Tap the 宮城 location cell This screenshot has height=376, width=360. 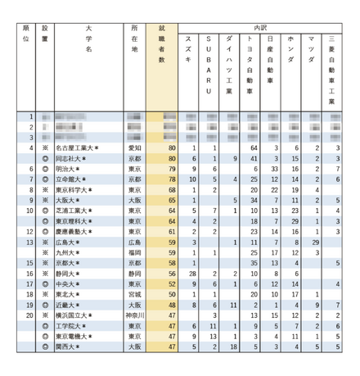pyautogui.click(x=135, y=294)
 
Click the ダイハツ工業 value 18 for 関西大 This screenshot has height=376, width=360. pyautogui.click(x=234, y=347)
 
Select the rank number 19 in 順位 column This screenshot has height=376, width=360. pyautogui.click(x=31, y=305)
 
